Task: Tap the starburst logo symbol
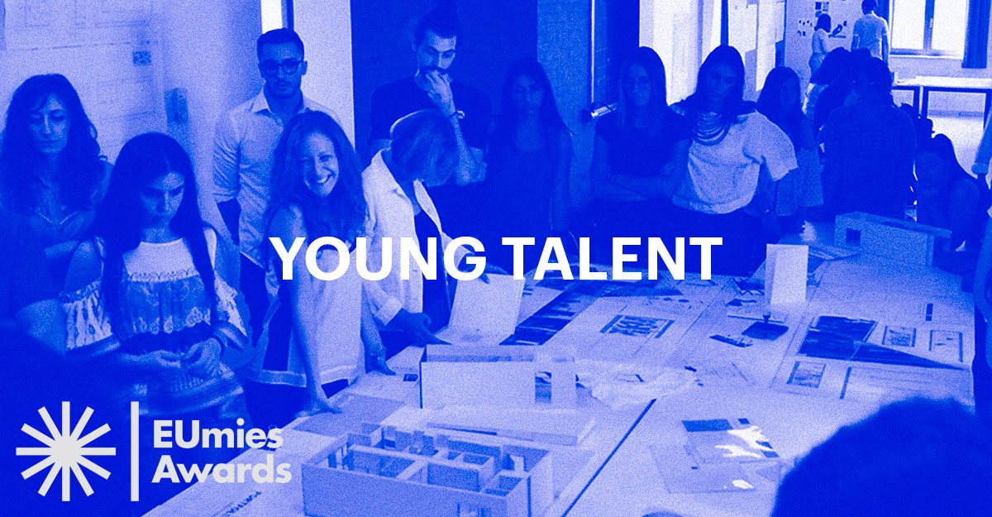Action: point(66,452)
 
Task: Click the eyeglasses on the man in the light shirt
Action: point(282,67)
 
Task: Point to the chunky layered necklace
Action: point(713,127)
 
